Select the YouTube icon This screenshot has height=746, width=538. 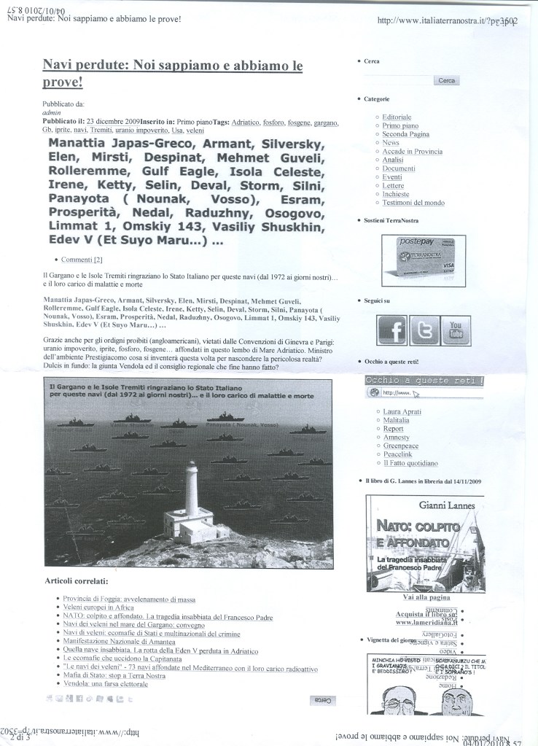[455, 330]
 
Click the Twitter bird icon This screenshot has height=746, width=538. [424, 330]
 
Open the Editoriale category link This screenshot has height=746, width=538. [397, 117]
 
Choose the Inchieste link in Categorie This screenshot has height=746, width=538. [396, 194]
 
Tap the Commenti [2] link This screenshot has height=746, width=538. [82, 260]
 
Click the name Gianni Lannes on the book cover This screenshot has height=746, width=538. [446, 505]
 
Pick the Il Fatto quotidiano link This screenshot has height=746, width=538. [410, 462]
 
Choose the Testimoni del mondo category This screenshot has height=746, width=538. [413, 203]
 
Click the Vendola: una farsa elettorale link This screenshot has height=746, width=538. [106, 684]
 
